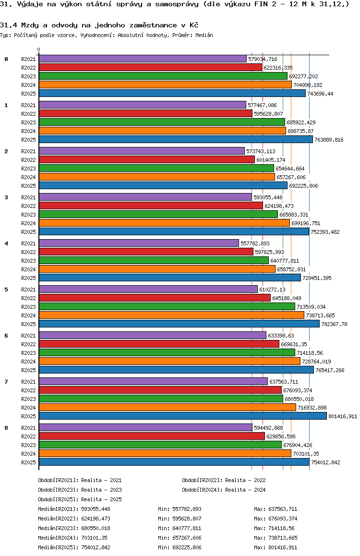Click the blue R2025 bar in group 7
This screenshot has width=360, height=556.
coord(182,416)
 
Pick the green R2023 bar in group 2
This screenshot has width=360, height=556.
coord(156,168)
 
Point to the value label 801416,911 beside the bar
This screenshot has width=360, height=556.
coord(343,416)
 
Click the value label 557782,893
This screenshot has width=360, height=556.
coord(255,243)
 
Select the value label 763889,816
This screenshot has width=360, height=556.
coord(329,140)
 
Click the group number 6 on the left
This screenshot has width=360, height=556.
coord(6,335)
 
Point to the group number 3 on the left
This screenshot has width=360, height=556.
coord(6,197)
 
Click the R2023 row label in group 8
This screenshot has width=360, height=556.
coord(28,445)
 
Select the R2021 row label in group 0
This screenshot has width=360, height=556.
coord(28,59)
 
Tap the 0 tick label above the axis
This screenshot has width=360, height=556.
coord(39,49)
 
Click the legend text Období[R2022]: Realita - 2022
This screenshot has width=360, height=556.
coord(224,480)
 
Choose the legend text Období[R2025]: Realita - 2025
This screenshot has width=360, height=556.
coord(80,499)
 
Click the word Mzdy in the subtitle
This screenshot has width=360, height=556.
coord(24,24)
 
